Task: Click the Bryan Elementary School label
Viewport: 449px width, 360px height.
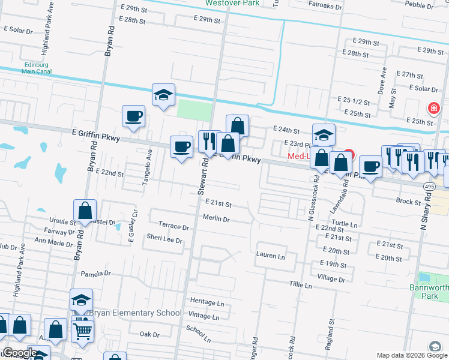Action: coord(134,313)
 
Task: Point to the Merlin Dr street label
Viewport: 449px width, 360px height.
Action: coord(217,220)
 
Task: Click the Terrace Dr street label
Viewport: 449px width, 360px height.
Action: coord(173,227)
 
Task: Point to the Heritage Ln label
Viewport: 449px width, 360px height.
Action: coord(206,302)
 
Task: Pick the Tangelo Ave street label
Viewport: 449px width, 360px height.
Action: coord(150,161)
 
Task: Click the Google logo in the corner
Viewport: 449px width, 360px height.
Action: coord(20,353)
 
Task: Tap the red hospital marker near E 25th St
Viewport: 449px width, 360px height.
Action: coord(432,108)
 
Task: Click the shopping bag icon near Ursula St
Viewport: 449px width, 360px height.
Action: coord(85,211)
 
